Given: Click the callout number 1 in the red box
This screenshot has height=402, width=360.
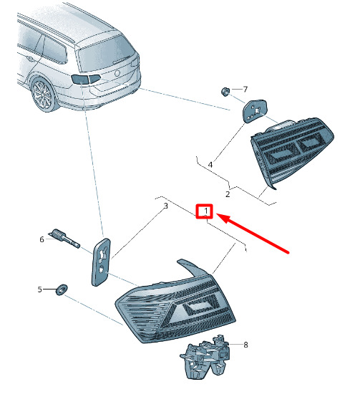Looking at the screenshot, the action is pos(206,211).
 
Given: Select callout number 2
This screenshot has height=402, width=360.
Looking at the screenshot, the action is pos(228,194).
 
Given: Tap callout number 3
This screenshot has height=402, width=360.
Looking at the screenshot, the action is pos(165,206).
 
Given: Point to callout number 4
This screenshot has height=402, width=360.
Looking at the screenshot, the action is pos(210,165).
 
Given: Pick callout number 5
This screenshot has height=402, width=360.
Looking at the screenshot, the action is pos(39,289).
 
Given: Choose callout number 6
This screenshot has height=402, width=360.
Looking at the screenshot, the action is pos(42,239).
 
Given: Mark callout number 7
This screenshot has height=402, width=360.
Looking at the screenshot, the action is pos(245,90).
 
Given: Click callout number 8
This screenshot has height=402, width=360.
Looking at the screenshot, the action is pos(245,345).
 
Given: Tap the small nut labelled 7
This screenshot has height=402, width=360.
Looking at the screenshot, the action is pos(225,91).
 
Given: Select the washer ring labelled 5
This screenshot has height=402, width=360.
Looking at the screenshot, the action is pos(62,289).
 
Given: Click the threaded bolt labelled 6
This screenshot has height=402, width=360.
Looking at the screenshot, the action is pos(66,238).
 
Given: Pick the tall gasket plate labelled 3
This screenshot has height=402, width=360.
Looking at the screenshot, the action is pos(101,262).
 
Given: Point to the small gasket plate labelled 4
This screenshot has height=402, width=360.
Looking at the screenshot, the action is pos(254,111).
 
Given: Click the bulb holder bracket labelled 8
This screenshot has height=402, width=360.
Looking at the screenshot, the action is pos(205,356).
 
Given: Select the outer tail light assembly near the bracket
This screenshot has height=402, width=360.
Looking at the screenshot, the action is pos(175,305).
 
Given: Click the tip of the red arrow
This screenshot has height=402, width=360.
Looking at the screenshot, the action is pos(217,214).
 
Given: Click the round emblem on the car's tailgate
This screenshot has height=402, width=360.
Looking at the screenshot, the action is pos(117,73).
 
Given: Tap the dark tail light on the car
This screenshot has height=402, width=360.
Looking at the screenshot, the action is pos(86,79).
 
